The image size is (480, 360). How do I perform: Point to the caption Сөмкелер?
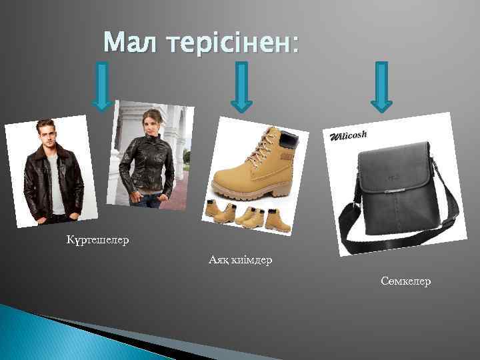406,281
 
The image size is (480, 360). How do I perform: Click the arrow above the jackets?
101,86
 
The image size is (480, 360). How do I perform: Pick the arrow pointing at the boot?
241,86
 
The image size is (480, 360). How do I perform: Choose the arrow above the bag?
381,86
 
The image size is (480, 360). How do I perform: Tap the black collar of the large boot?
288,140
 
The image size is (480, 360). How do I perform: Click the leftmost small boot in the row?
213,213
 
